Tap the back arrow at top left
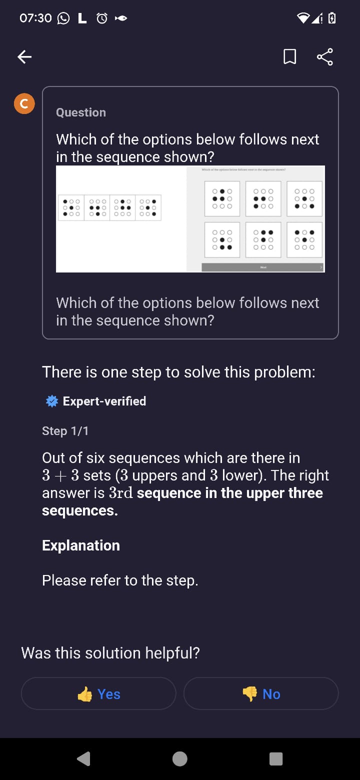click(x=24, y=57)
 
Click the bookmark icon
click(x=289, y=57)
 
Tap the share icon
click(x=325, y=56)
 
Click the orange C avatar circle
click(x=24, y=103)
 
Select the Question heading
click(x=81, y=112)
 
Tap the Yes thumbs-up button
click(x=99, y=693)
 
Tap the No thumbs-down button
click(x=261, y=693)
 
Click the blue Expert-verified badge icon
click(x=51, y=401)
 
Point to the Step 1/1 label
click(x=65, y=431)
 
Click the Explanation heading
click(x=81, y=545)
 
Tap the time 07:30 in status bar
click(x=35, y=18)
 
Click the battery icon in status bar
click(x=331, y=18)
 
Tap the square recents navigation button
click(x=275, y=758)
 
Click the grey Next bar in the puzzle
click(x=263, y=267)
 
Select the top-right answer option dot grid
click(x=304, y=198)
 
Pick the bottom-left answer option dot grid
click(x=222, y=239)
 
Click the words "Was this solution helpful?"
click(x=110, y=653)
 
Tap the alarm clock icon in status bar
click(x=102, y=18)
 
